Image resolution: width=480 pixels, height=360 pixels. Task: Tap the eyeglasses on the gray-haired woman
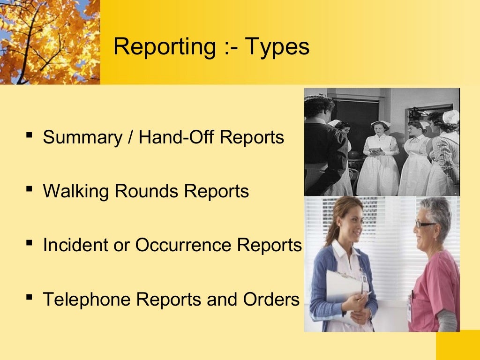pos(425,224)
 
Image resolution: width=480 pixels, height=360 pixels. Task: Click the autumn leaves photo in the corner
pos(49,41)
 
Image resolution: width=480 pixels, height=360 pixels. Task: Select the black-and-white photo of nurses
pos(382,142)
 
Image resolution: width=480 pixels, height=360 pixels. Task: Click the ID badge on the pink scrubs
pos(409,310)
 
